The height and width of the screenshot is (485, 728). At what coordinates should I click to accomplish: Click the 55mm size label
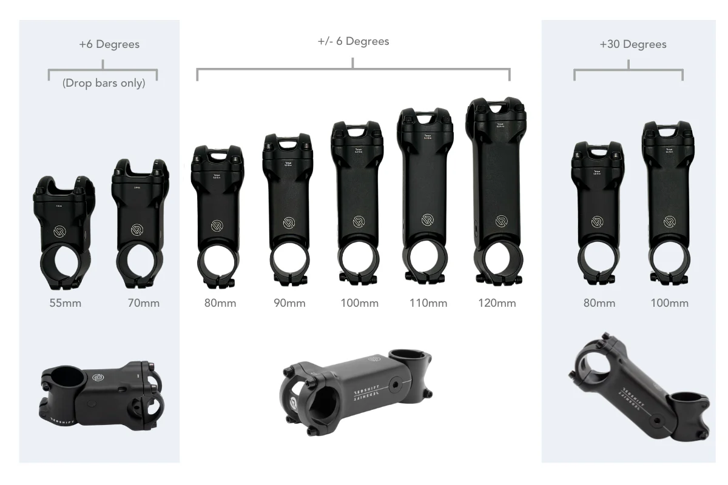pyautogui.click(x=65, y=303)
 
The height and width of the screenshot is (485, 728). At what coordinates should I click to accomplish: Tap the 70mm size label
pyautogui.click(x=143, y=303)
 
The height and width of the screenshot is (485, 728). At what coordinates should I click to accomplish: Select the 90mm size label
pyautogui.click(x=289, y=303)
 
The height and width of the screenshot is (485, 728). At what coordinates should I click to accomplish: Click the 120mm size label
pyautogui.click(x=497, y=303)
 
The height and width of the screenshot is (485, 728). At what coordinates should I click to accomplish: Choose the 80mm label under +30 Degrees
pyautogui.click(x=599, y=303)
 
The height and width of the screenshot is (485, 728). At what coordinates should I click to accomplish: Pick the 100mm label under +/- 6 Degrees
pyautogui.click(x=359, y=303)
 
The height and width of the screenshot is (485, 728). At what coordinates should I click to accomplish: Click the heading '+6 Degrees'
pyautogui.click(x=109, y=44)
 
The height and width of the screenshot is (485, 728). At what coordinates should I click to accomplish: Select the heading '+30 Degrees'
pyautogui.click(x=632, y=44)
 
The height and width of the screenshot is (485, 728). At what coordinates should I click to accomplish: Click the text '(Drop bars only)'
pyautogui.click(x=104, y=83)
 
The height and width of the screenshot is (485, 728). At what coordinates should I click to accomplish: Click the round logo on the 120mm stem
pyautogui.click(x=501, y=221)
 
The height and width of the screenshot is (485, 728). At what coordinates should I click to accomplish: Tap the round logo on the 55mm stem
pyautogui.click(x=61, y=230)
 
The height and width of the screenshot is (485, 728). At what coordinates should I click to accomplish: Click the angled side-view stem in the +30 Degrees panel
pyautogui.click(x=637, y=388)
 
